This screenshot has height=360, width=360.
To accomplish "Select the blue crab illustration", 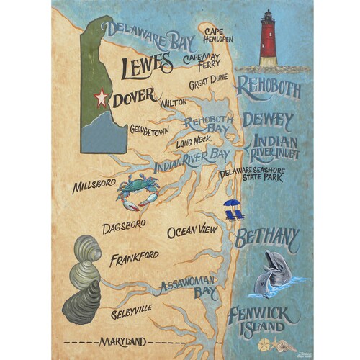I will coord(137,191).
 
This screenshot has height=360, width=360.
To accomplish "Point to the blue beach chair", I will coord(233,210).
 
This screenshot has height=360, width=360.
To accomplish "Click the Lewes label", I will coord(147,66).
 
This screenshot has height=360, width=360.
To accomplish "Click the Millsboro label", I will coord(94,186).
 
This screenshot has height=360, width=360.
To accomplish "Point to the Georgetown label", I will coord(150,131).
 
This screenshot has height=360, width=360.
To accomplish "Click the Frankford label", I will coord(134,259).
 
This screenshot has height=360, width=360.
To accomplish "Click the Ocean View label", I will coord(192,231).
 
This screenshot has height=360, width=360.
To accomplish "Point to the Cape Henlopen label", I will coord(217,35).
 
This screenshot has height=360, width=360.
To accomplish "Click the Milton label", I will coord(173,103).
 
